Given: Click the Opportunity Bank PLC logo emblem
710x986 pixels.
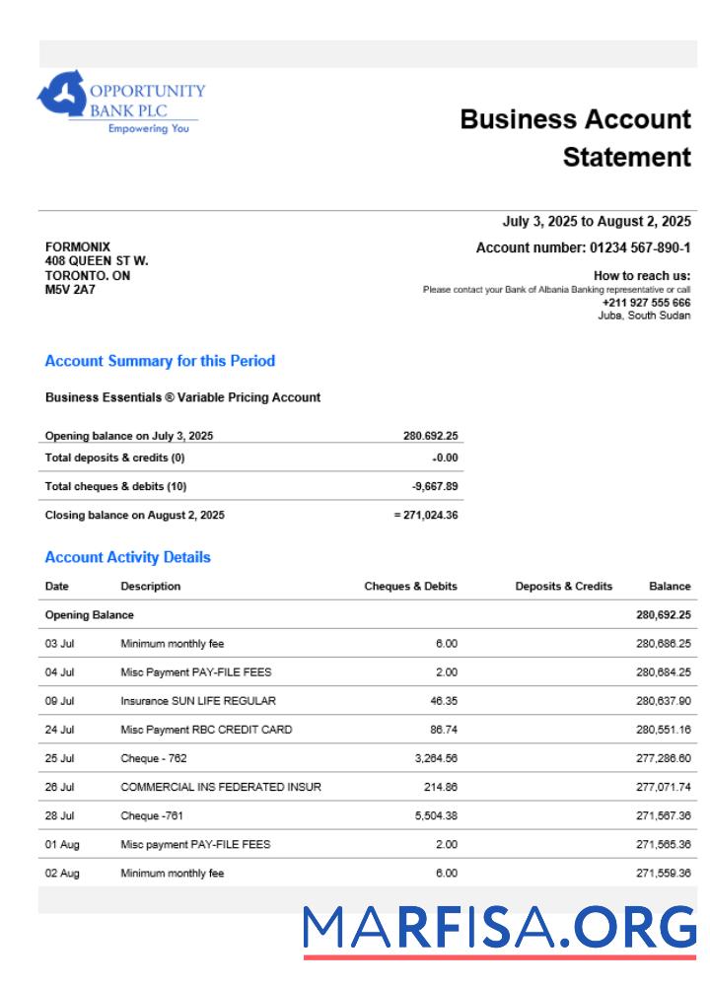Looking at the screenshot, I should pos(61,95).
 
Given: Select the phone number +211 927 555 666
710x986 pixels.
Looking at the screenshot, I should pos(646,303).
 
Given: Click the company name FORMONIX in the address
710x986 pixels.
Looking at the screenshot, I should pos(78,246).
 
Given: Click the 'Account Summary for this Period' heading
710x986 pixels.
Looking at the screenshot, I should pos(160,361).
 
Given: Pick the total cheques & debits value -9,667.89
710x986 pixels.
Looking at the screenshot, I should pos(435,486).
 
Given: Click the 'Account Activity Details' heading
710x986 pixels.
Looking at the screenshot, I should pos(127,557).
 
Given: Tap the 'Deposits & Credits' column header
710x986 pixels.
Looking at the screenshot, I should pos(563,586).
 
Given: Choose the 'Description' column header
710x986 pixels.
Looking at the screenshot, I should pos(151,586).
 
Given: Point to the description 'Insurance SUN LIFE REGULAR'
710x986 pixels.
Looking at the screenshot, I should pos(198,701).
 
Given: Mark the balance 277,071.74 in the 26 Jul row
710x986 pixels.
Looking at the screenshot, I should pos(664,787).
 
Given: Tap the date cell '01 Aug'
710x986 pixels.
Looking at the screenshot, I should pos(61,845).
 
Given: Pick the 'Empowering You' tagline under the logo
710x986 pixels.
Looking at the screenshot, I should pos(148,129).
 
